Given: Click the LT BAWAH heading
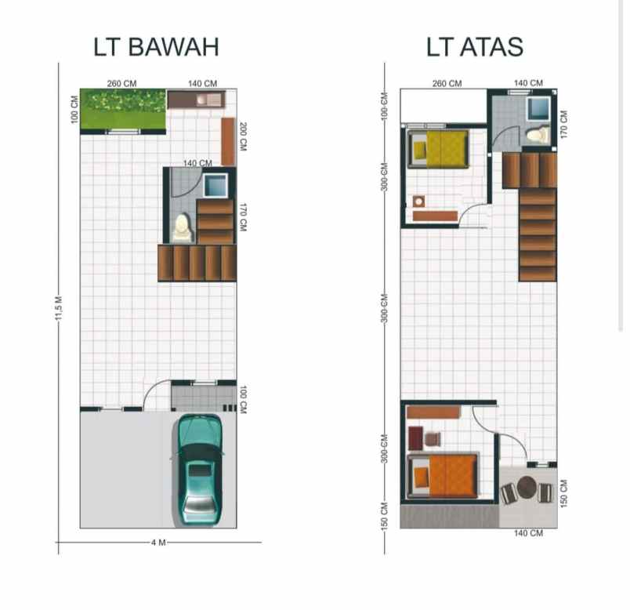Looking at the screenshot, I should pos(156,47).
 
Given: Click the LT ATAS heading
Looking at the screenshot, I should pos(475,47).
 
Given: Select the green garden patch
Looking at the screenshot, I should pos(123,110).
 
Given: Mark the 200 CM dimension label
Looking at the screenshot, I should pos(244,137).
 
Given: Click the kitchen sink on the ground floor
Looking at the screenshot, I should pos(207,100).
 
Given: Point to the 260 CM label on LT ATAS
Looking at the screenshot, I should pos(447,83).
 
